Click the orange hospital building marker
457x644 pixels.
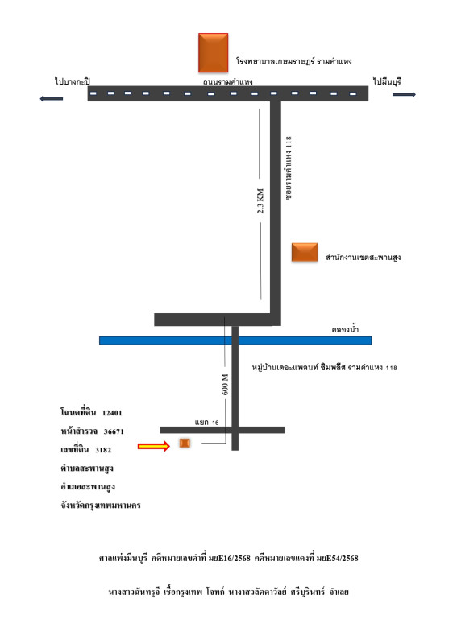click(213, 52)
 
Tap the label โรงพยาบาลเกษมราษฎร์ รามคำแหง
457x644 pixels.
click(293, 61)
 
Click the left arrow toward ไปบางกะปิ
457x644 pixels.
click(52, 98)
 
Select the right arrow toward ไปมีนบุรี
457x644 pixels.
click(404, 94)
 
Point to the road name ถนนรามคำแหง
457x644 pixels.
click(227, 81)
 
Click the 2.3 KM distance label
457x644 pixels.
click(260, 200)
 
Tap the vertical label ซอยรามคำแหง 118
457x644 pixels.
click(289, 168)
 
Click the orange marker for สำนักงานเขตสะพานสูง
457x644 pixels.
click(305, 252)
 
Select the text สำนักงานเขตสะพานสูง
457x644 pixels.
click(364, 258)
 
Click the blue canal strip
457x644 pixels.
click(235, 341)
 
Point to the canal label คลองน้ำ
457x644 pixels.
click(345, 329)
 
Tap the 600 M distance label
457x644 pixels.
click(225, 385)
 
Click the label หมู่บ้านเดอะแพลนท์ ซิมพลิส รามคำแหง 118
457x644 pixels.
click(324, 368)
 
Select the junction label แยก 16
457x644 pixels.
click(206, 422)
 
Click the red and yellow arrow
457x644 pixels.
click(154, 446)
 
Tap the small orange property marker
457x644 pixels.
click(185, 443)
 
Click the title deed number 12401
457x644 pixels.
click(112, 413)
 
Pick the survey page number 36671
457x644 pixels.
click(114, 431)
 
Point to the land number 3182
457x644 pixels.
click(103, 450)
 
